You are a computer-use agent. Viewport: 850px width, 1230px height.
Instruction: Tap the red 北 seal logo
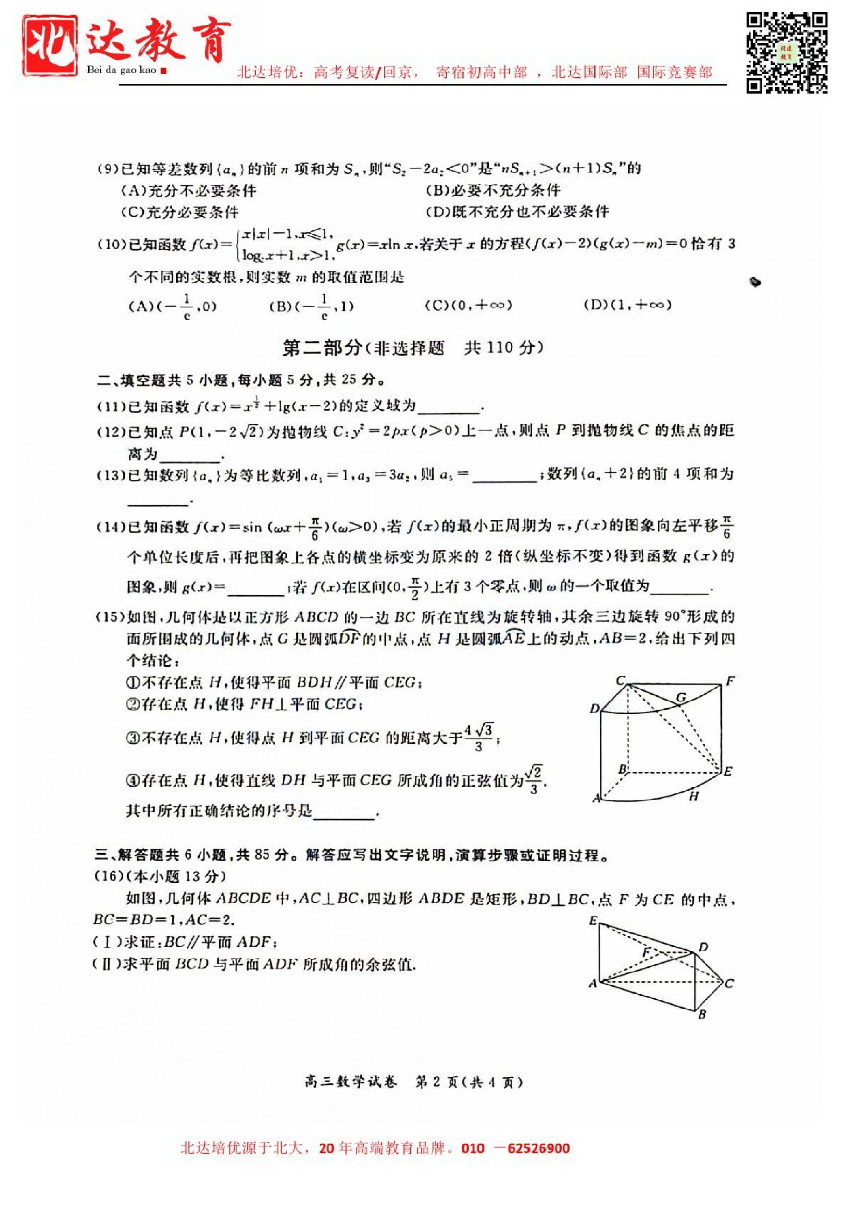49,45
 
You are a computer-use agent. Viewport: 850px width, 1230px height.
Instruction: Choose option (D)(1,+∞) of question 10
627,305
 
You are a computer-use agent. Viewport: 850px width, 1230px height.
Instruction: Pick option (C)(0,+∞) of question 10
468,305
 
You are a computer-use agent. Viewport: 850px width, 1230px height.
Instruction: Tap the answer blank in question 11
449,408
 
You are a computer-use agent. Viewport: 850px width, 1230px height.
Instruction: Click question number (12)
111,431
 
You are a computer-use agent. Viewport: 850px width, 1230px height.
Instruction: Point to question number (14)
111,528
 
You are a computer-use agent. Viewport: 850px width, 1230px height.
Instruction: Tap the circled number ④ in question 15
133,781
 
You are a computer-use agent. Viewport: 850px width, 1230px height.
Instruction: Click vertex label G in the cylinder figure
681,697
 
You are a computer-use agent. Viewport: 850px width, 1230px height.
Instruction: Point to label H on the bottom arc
693,797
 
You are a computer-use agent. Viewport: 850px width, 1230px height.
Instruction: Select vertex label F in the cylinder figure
730,681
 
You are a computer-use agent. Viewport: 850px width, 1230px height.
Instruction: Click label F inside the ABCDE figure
647,952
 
